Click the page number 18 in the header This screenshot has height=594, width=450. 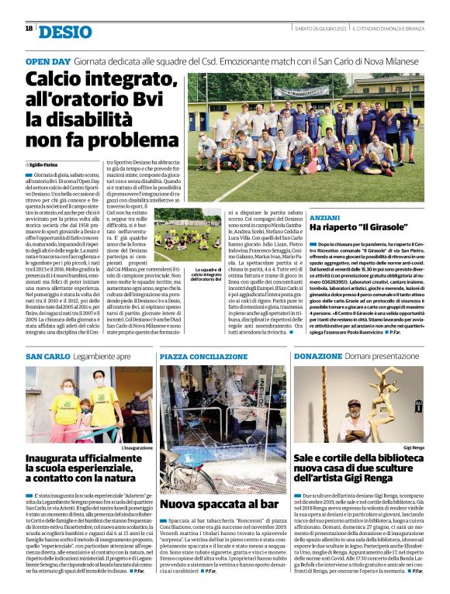pos(28,29)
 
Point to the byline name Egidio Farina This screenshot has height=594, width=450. pos(44,165)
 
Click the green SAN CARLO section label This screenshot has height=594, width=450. pos(47,356)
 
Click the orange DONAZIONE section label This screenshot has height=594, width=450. pos(317,356)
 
